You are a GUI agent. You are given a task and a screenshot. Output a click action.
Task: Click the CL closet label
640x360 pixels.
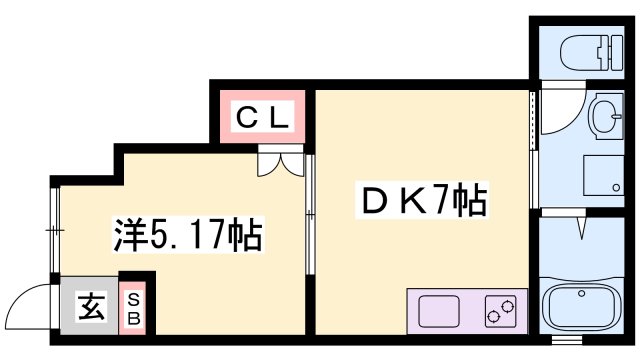coord(262,117)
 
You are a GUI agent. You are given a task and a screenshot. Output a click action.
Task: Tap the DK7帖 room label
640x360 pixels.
coord(420,203)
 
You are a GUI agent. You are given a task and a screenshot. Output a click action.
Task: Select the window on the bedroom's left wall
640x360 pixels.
coord(54,230)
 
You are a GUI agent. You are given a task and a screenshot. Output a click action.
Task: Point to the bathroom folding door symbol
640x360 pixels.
coord(581,228)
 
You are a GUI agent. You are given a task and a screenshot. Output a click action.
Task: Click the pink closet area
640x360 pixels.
coord(262,117)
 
